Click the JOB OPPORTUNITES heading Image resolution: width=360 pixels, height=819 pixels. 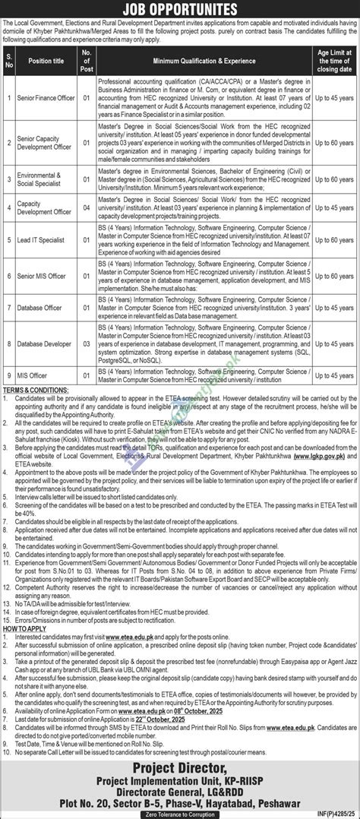click(x=180, y=9)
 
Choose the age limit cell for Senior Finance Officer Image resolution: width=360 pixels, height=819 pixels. click(x=331, y=119)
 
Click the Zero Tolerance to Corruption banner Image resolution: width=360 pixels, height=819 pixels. click(x=180, y=811)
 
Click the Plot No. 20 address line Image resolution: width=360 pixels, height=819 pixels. click(x=180, y=795)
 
